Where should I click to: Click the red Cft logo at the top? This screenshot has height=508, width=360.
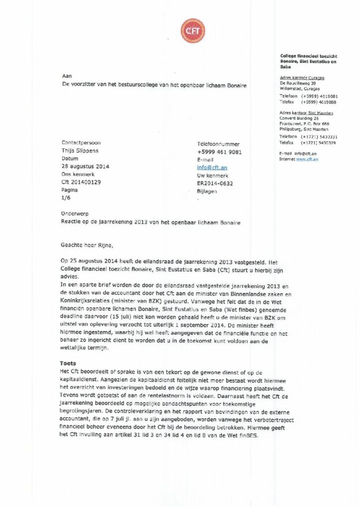point(193,30)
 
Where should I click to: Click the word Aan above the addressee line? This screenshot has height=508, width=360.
point(67,76)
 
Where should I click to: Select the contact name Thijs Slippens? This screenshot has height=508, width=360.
point(79,151)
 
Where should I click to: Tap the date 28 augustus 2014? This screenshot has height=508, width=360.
point(85,167)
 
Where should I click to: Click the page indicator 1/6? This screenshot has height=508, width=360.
point(66,197)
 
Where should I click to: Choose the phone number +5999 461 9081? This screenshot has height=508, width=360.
point(219,152)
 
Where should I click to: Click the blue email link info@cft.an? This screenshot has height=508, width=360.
point(212,168)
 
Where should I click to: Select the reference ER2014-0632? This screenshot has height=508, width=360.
point(215,183)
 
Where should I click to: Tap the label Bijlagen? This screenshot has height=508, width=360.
point(207,190)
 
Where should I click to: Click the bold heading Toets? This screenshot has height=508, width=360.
point(68,364)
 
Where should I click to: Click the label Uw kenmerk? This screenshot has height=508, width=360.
point(212,176)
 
